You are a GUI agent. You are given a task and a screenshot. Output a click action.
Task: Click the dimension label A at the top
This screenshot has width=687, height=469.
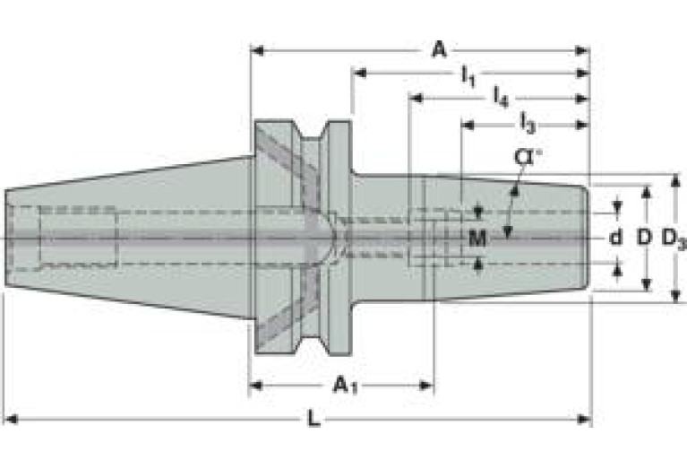439,49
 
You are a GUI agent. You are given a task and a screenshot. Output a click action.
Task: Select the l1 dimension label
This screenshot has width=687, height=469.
468,76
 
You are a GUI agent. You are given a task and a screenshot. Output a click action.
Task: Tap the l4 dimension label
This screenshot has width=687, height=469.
501,97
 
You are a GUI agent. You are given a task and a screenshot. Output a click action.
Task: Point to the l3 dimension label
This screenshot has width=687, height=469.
528,123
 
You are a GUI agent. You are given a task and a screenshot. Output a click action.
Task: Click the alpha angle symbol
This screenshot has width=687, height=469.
527,157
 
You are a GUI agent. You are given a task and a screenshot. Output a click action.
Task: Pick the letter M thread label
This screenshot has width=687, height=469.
477,239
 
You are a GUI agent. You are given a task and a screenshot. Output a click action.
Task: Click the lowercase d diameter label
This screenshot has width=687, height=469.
615,238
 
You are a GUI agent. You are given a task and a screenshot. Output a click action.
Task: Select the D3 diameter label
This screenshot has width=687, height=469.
674,239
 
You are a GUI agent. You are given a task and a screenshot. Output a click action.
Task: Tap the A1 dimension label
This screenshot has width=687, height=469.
345,386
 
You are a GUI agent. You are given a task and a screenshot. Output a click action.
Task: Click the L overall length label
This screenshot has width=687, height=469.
313,419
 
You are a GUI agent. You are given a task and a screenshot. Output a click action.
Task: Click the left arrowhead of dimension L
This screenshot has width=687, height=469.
11,419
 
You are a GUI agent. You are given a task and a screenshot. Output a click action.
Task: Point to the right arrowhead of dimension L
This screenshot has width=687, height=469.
584,419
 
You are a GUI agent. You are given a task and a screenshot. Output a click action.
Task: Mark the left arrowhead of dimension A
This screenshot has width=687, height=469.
257,50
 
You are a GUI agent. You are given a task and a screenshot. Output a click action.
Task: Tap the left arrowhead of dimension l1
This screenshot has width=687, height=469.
360,73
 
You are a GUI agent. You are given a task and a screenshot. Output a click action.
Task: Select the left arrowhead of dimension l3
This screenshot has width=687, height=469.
468,126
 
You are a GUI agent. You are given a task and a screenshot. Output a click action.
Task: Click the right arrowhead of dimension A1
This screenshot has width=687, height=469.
426,386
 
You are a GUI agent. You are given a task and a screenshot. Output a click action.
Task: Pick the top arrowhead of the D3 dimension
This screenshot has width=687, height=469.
676,181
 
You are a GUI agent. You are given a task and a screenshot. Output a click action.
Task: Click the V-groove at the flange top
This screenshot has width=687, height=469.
312,131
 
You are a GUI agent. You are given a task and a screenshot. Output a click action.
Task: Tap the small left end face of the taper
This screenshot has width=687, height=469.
6,238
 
